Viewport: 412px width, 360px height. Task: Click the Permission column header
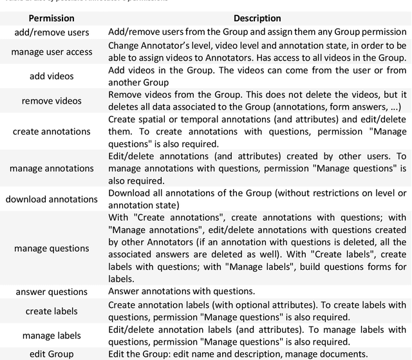coord(51,19)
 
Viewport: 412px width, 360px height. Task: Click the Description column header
coord(257,19)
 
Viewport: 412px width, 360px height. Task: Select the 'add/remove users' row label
coord(51,32)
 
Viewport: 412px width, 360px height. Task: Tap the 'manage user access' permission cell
coord(51,52)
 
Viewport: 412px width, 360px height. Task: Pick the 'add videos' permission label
coord(51,76)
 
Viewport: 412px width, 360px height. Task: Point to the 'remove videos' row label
coord(51,100)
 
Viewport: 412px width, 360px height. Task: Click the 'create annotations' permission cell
coord(51,131)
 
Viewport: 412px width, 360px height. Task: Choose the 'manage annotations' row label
coord(51,168)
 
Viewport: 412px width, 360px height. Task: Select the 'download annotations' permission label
coord(51,199)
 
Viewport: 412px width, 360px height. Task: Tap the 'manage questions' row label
coord(51,248)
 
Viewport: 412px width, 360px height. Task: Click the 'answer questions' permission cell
coord(51,291)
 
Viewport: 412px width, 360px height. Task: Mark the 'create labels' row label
coord(51,310)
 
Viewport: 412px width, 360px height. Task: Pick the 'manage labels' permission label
coord(51,336)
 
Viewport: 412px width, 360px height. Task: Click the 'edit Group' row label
coord(51,354)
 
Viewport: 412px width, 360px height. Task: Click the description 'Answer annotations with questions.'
coord(182,291)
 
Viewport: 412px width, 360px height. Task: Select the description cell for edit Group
coord(238,354)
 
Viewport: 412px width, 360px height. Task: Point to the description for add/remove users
coord(257,32)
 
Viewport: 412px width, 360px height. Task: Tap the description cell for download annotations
coord(257,199)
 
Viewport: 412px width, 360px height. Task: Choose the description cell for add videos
coord(257,76)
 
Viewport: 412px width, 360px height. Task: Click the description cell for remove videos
coord(257,100)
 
